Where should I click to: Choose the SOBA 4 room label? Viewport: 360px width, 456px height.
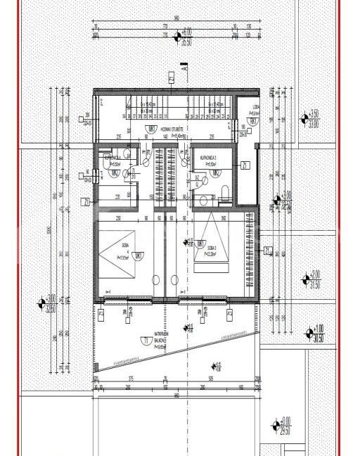(124, 248)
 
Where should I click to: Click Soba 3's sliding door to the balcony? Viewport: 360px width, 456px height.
(204, 298)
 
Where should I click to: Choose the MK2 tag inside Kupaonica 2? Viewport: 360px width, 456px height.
(217, 172)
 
